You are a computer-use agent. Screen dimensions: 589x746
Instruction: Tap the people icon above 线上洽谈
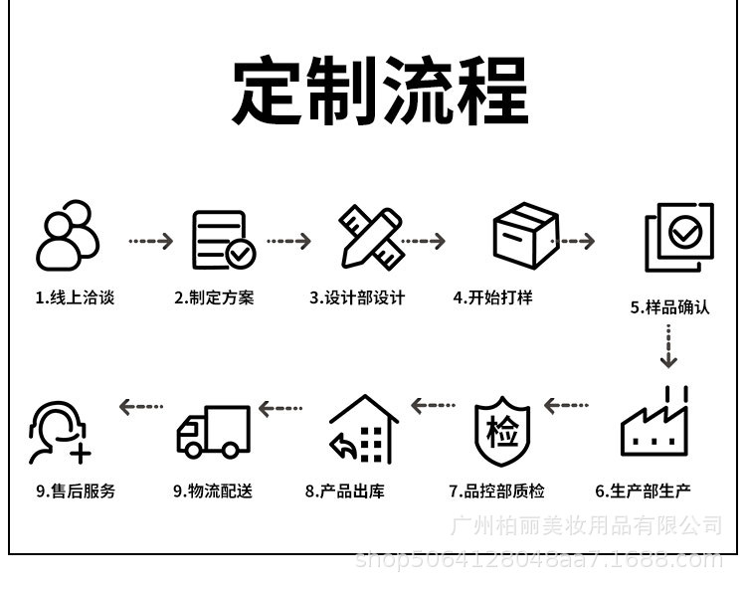point(68,236)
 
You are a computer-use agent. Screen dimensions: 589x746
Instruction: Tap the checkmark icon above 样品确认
point(679,237)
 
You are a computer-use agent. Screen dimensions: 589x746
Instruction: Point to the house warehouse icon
point(363,430)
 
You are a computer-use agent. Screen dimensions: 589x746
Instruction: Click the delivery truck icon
point(213,431)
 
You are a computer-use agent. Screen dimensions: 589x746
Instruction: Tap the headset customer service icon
point(60,432)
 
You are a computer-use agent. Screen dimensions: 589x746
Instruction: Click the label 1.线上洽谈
point(75,297)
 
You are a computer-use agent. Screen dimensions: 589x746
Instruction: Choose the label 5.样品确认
point(669,307)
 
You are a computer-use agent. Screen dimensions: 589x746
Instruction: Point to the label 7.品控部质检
point(496,491)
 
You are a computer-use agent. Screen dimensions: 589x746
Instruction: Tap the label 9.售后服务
point(76,491)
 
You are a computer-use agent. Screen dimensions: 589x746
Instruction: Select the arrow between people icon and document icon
point(150,241)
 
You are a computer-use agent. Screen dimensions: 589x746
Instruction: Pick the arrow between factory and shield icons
point(567,406)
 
